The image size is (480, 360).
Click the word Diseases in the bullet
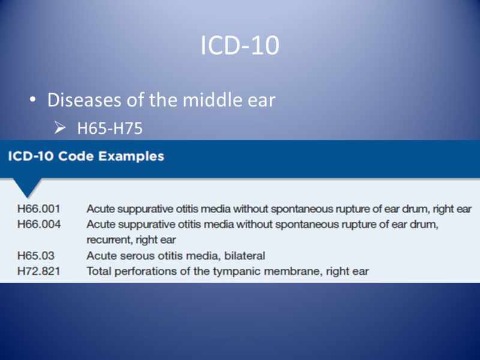tap(87, 100)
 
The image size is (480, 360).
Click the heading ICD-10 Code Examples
tap(86, 157)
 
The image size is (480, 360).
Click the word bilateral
tap(244, 256)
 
